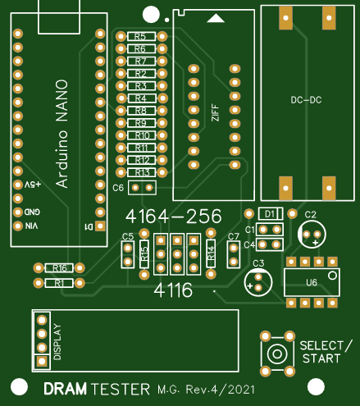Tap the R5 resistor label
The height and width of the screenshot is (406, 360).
coord(140,37)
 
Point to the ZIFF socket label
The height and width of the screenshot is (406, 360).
coord(216,112)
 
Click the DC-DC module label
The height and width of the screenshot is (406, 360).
coord(306,100)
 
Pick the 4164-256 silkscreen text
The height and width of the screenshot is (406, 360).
coord(173,217)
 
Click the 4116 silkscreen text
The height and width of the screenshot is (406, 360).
coord(174,290)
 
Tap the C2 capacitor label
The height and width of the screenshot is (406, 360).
coord(311,214)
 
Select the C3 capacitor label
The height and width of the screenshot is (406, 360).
coord(258,262)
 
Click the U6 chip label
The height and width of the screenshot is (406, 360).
coord(311,282)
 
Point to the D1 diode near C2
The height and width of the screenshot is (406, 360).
coord(269,213)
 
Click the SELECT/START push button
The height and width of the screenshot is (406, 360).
coord(278,354)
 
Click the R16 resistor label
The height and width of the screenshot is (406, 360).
coord(58,268)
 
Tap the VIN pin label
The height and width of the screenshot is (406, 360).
coord(32,226)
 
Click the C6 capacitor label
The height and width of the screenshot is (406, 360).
coord(117,188)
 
